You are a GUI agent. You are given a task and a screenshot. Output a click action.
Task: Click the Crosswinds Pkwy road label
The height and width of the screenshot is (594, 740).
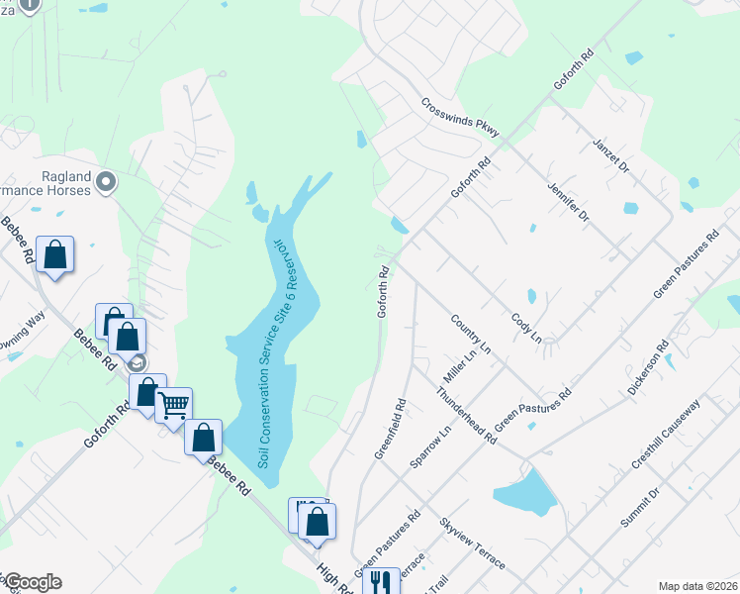tap(460, 117)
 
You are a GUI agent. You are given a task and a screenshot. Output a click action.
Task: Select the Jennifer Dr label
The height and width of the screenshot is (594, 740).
tap(567, 200)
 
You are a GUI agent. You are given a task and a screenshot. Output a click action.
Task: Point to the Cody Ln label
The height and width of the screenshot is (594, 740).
tap(526, 328)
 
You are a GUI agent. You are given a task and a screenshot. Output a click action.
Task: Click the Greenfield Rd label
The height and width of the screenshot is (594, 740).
tap(391, 429)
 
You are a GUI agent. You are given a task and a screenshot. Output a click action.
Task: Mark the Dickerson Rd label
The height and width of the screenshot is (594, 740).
tap(649, 368)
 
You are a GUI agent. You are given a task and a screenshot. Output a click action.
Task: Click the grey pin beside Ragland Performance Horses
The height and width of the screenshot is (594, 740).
tap(107, 181)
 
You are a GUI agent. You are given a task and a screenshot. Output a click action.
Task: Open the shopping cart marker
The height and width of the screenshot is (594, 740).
tap(174, 404)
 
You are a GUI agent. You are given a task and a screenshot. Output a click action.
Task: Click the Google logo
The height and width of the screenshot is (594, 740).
tap(33, 582)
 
